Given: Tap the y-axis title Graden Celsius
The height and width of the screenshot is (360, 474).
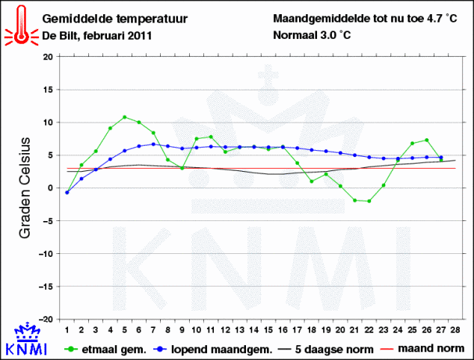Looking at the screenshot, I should [x=24, y=187].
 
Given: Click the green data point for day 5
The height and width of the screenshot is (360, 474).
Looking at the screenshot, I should [x=125, y=117].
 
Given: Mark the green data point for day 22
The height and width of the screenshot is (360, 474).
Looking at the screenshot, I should [x=369, y=201].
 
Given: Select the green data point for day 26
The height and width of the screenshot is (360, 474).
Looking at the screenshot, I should [x=426, y=140].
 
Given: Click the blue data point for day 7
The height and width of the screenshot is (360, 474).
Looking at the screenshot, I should [x=153, y=144].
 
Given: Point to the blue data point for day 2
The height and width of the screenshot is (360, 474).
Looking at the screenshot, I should [x=81, y=179].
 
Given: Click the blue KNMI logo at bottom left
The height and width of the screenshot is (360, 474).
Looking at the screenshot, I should [x=27, y=341].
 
